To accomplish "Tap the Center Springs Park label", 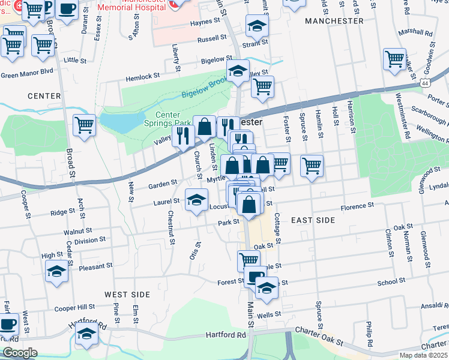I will [x=173, y=119].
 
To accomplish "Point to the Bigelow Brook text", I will [x=204, y=88].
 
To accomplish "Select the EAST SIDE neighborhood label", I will [x=313, y=220].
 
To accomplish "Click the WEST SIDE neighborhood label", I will [x=127, y=294].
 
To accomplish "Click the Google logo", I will [x=20, y=353].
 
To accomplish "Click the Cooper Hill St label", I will [x=74, y=307].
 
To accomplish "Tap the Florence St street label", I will [x=357, y=206].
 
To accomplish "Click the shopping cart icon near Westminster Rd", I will [x=394, y=59].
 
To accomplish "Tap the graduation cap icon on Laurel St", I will [x=196, y=199].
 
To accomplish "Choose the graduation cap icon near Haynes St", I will [x=257, y=25].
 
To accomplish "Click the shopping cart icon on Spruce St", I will [x=312, y=165].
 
